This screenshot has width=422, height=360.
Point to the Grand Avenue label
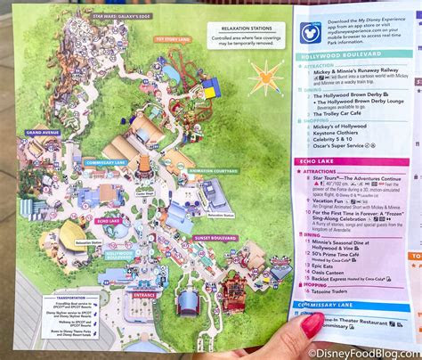click(43, 133)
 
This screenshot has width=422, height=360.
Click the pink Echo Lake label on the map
click(109, 218)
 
